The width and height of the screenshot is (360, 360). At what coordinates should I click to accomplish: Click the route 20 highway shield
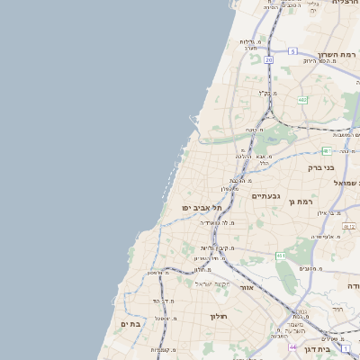[x=268, y=59]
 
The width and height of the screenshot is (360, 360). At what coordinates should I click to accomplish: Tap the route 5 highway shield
[x=292, y=51]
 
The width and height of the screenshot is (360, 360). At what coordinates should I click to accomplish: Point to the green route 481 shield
[x=327, y=150]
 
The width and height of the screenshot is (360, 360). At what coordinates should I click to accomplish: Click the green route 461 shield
[x=281, y=256]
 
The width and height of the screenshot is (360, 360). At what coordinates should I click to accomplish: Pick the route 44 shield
[x=292, y=346]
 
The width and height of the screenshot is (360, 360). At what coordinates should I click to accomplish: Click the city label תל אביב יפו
[x=201, y=208]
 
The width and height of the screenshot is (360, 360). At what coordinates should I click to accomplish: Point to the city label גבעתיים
[x=266, y=196]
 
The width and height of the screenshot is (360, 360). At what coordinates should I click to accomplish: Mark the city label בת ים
[x=131, y=323]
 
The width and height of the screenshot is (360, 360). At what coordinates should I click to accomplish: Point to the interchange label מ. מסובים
[x=311, y=268]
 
